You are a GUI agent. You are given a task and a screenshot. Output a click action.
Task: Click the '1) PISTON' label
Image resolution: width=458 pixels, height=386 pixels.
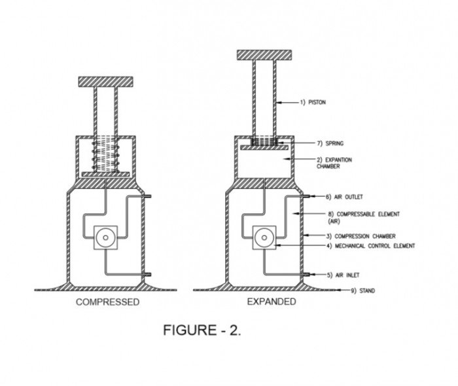(313, 102)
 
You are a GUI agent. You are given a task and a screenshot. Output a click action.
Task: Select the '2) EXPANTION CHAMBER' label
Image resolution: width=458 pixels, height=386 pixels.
(334, 163)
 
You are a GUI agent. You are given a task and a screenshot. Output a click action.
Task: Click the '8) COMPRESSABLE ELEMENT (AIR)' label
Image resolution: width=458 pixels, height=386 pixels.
(364, 217)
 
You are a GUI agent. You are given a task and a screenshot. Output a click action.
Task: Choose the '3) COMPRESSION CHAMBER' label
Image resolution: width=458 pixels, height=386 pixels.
(361, 236)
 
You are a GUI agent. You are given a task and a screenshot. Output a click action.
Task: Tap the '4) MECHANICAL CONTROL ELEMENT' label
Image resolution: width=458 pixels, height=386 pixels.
(371, 246)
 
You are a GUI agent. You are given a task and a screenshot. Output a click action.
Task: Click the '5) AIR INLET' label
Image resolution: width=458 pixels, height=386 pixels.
(343, 275)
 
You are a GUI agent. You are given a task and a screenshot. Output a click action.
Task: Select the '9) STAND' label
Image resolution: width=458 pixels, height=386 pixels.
(362, 291)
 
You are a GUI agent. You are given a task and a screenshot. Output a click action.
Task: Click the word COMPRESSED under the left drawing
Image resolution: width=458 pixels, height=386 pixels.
(108, 302)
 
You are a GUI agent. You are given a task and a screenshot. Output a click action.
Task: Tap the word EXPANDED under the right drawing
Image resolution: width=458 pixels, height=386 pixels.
(272, 302)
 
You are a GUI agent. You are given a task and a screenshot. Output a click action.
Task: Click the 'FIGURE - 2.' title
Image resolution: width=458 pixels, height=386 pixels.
(202, 330)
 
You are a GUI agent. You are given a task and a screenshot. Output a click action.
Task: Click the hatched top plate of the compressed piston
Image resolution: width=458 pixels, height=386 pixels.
(106, 82)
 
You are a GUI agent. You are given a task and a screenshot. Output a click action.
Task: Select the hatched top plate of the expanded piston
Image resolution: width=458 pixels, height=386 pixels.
(264, 55)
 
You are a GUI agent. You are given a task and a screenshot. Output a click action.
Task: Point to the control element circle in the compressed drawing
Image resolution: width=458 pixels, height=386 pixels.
(106, 237)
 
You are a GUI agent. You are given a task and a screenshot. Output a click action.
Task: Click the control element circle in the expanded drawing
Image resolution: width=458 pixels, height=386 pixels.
(264, 237)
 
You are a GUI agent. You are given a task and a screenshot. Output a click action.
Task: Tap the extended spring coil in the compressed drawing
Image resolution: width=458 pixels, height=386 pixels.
(106, 155)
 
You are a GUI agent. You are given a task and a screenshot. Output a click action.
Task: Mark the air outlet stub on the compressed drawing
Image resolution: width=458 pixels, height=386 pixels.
(147, 196)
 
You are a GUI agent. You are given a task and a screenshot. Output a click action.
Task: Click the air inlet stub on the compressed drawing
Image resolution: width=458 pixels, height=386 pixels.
(147, 275)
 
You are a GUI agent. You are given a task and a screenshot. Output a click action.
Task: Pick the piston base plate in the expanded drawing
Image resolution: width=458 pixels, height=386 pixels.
(264, 148)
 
